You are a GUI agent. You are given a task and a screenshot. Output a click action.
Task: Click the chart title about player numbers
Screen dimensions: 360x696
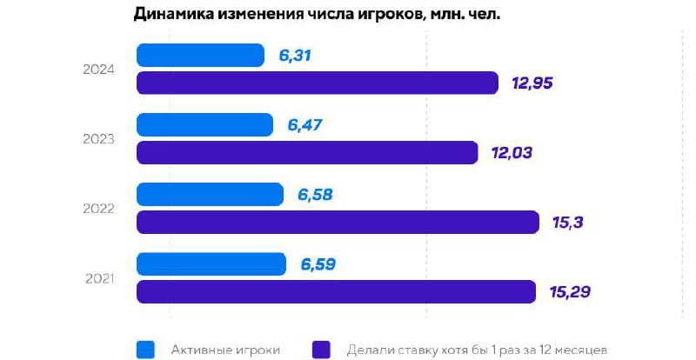coord(317,15)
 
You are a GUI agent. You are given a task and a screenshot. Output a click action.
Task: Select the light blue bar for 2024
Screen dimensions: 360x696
coord(201,56)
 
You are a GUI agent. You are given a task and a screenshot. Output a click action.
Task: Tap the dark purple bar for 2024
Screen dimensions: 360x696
coord(318,83)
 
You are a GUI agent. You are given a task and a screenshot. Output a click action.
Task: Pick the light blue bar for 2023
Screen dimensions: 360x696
coord(205,125)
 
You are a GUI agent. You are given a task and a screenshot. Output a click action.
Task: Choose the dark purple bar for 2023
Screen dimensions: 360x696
coord(307,153)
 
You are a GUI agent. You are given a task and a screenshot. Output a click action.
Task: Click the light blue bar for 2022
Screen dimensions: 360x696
coord(210,195)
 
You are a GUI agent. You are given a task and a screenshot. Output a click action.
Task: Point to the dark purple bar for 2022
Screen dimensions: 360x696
coord(338,223)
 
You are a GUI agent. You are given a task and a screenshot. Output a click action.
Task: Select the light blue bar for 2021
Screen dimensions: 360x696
coord(211,263)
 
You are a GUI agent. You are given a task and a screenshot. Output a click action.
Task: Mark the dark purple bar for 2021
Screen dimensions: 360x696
coord(336,291)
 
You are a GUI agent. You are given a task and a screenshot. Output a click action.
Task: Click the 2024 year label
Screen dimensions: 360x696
coord(101,70)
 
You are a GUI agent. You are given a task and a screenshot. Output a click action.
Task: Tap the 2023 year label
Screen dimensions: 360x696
coord(101,139)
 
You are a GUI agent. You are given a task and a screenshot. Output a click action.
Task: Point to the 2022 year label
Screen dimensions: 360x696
coord(101,209)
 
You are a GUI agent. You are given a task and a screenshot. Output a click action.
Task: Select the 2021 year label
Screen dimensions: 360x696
coord(101,278)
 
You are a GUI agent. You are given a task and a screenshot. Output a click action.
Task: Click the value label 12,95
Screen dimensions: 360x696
coord(532,83)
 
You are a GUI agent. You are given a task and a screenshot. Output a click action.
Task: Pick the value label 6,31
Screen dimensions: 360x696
coord(295,56)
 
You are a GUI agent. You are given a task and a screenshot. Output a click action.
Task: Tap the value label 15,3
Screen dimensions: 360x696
coord(566,223)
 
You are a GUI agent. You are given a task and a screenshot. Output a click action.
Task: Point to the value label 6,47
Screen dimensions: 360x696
coord(304,125)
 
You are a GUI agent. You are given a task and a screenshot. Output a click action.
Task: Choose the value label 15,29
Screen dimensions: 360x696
coord(570,291)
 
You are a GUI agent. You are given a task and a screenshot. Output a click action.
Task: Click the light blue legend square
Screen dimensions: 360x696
coord(146,349)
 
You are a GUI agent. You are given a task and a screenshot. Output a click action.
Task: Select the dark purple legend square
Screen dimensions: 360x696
coord(321,349)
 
